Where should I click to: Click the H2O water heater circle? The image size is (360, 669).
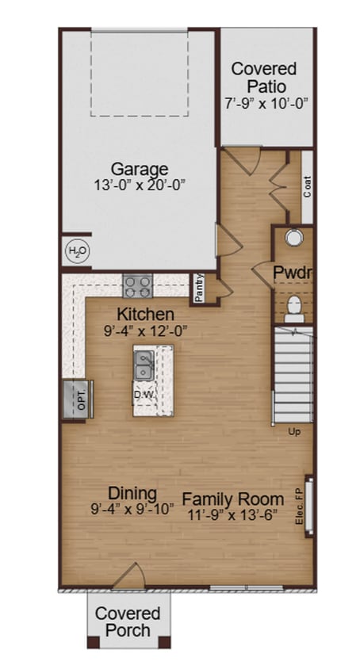pos(77,253)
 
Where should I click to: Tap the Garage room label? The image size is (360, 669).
pos(139,169)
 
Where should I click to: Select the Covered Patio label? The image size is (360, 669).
pos(264,78)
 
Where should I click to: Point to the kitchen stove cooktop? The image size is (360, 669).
pos(137,285)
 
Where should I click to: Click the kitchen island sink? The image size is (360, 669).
pos(144,366)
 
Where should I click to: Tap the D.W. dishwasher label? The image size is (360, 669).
pos(144,394)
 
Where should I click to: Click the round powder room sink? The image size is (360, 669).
pos(293,238)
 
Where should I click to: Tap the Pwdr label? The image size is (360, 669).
pos(291,273)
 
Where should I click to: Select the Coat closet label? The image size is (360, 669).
pos(307,187)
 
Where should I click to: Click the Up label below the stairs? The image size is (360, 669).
pos(293,432)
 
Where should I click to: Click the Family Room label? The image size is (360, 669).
pos(232,499)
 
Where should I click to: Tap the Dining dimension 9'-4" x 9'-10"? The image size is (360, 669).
pos(132,510)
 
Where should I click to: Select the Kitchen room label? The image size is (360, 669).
pos(145,315)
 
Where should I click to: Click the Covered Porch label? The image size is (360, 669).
pos(128,621)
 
